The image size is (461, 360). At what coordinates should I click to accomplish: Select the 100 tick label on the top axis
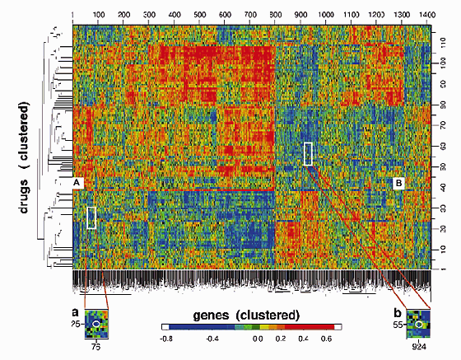click(98, 16)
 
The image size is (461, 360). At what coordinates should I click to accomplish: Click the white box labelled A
click(76, 181)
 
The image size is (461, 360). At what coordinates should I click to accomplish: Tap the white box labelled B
click(398, 181)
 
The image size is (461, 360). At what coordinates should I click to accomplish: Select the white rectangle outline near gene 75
click(91, 217)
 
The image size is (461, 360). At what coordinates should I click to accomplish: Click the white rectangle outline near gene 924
click(308, 154)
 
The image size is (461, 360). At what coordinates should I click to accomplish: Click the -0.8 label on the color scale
click(165, 338)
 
